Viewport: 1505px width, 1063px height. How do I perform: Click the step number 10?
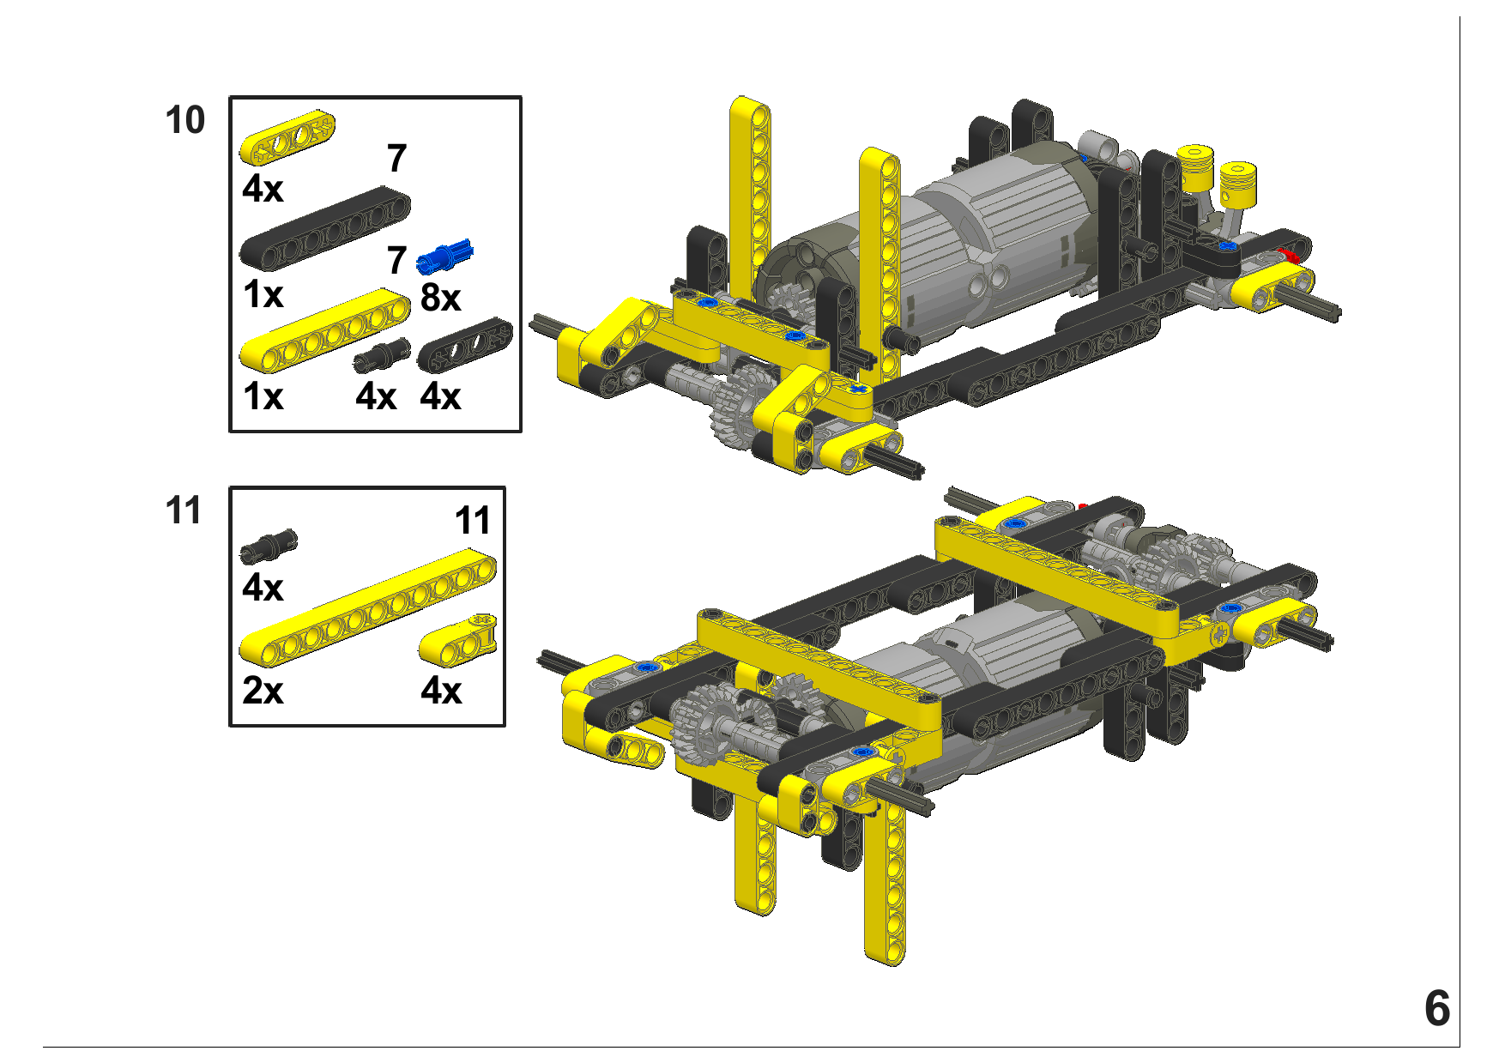tap(185, 121)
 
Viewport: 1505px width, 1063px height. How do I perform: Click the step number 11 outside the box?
tap(184, 510)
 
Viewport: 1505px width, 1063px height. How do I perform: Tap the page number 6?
tap(1437, 1008)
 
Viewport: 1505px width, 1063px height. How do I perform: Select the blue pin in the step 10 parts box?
tap(444, 256)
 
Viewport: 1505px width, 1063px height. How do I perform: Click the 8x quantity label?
tap(440, 298)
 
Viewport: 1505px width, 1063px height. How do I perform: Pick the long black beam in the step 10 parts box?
tap(324, 228)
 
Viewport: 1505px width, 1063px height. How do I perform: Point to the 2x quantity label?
tap(263, 691)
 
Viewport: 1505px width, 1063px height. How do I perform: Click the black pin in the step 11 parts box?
tap(269, 546)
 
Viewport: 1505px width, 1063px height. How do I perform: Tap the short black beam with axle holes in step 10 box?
tap(464, 345)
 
